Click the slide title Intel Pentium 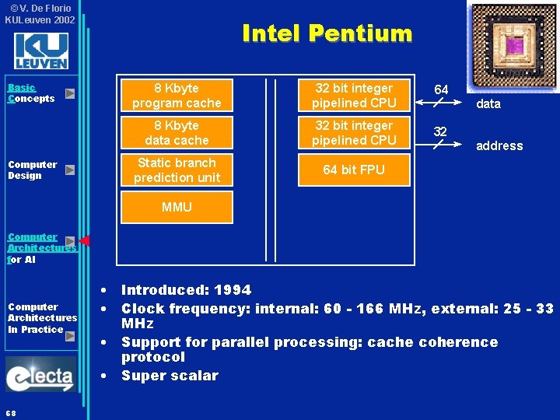coord(327,33)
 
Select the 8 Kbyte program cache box coord(177,96)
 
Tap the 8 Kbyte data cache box coord(177,133)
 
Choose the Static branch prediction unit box coord(177,170)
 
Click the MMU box coord(177,208)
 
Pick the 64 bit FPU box coord(354,170)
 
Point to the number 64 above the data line coord(441,89)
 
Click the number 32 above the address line coord(440,131)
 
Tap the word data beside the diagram coord(488,104)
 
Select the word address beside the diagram coord(499,146)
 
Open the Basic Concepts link coord(31,93)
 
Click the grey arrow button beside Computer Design coord(69,170)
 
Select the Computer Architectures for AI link coord(39,248)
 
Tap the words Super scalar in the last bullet coord(170,376)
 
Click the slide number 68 coord(11,411)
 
